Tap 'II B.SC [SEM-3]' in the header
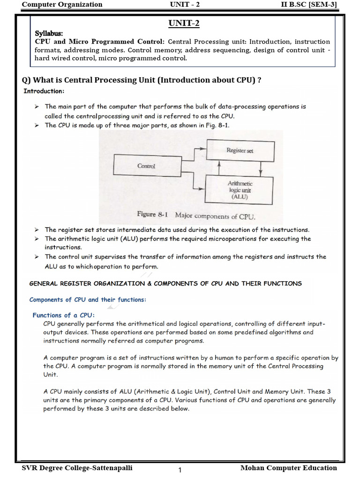pos(307,5)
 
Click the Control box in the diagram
pos(146,166)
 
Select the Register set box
pos(240,150)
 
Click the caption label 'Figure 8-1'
pos(153,214)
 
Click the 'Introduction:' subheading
pos(44,91)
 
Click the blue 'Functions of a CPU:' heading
pos(63,315)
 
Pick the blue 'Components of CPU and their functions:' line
pos(88,300)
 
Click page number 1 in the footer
pos(180,471)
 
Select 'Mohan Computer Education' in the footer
pos(288,468)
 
